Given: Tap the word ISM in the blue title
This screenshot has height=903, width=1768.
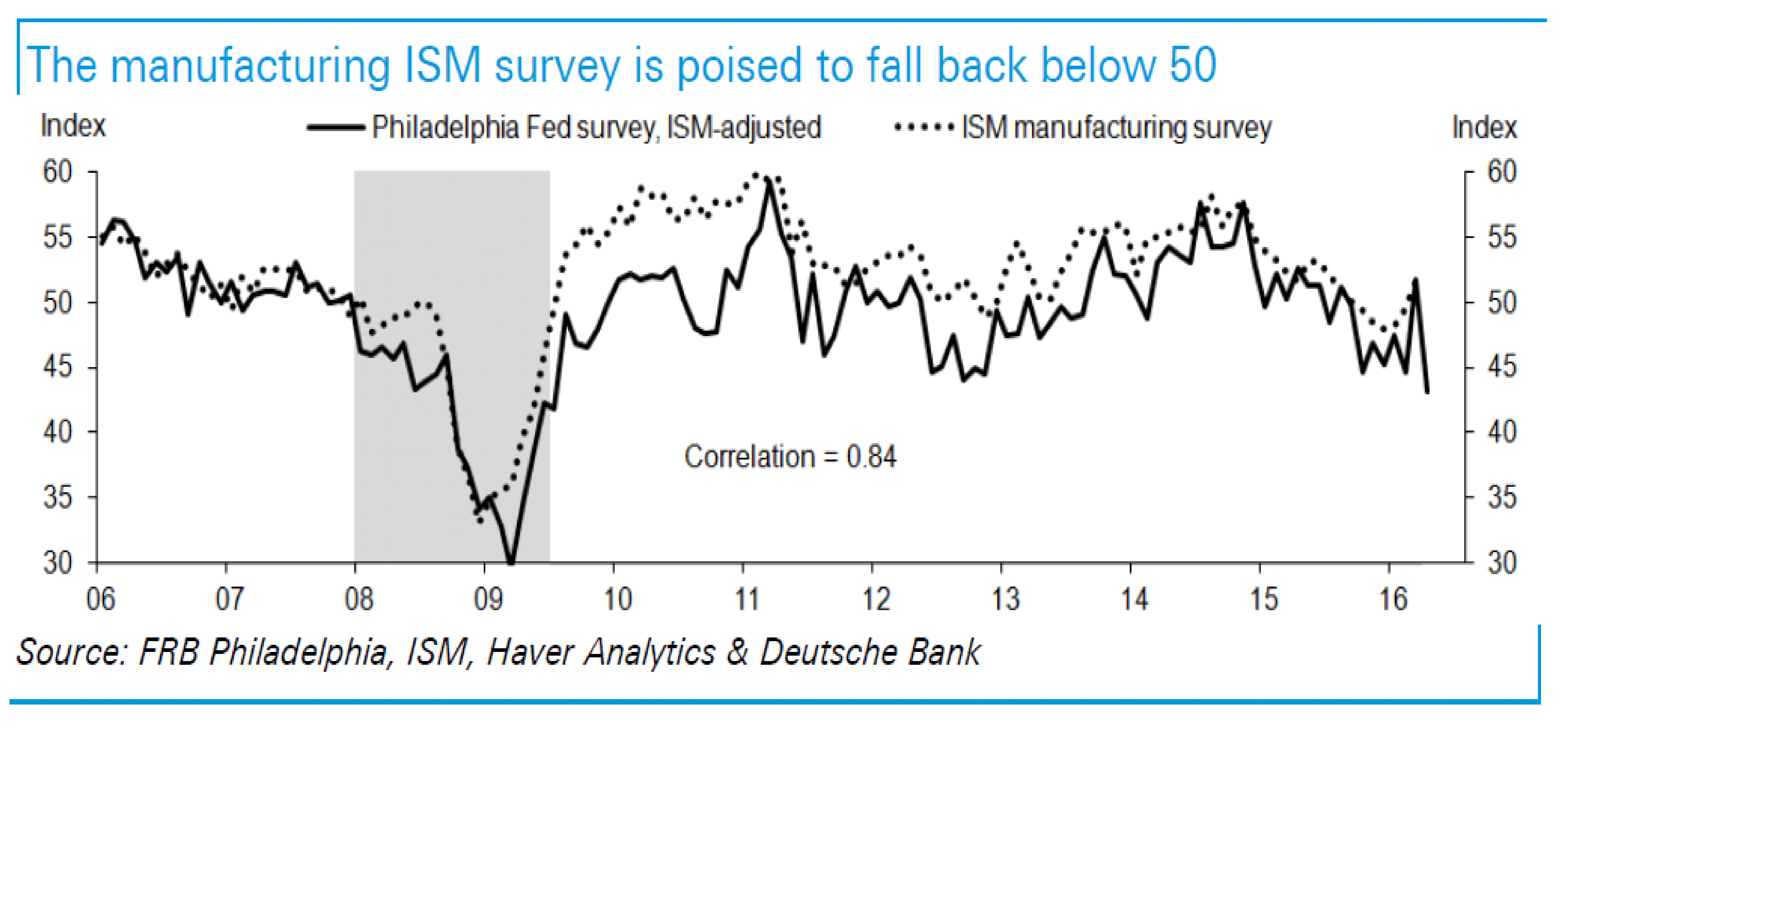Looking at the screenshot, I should coord(443,66).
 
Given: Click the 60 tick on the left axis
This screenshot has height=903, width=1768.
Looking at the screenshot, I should coord(58,171).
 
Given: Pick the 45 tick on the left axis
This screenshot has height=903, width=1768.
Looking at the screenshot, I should coord(58,367).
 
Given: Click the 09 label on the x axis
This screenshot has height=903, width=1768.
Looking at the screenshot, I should coord(488,600).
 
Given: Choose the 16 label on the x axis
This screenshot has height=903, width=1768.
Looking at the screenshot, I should coord(1393,600).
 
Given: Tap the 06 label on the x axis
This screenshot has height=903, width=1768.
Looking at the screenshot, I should coord(100,600).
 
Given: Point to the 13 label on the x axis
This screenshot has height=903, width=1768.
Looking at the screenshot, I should coord(1005,600).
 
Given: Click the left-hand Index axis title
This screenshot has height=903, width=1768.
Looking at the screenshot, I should coord(73,126).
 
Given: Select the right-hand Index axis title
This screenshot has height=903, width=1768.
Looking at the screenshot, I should coord(1484,128).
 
